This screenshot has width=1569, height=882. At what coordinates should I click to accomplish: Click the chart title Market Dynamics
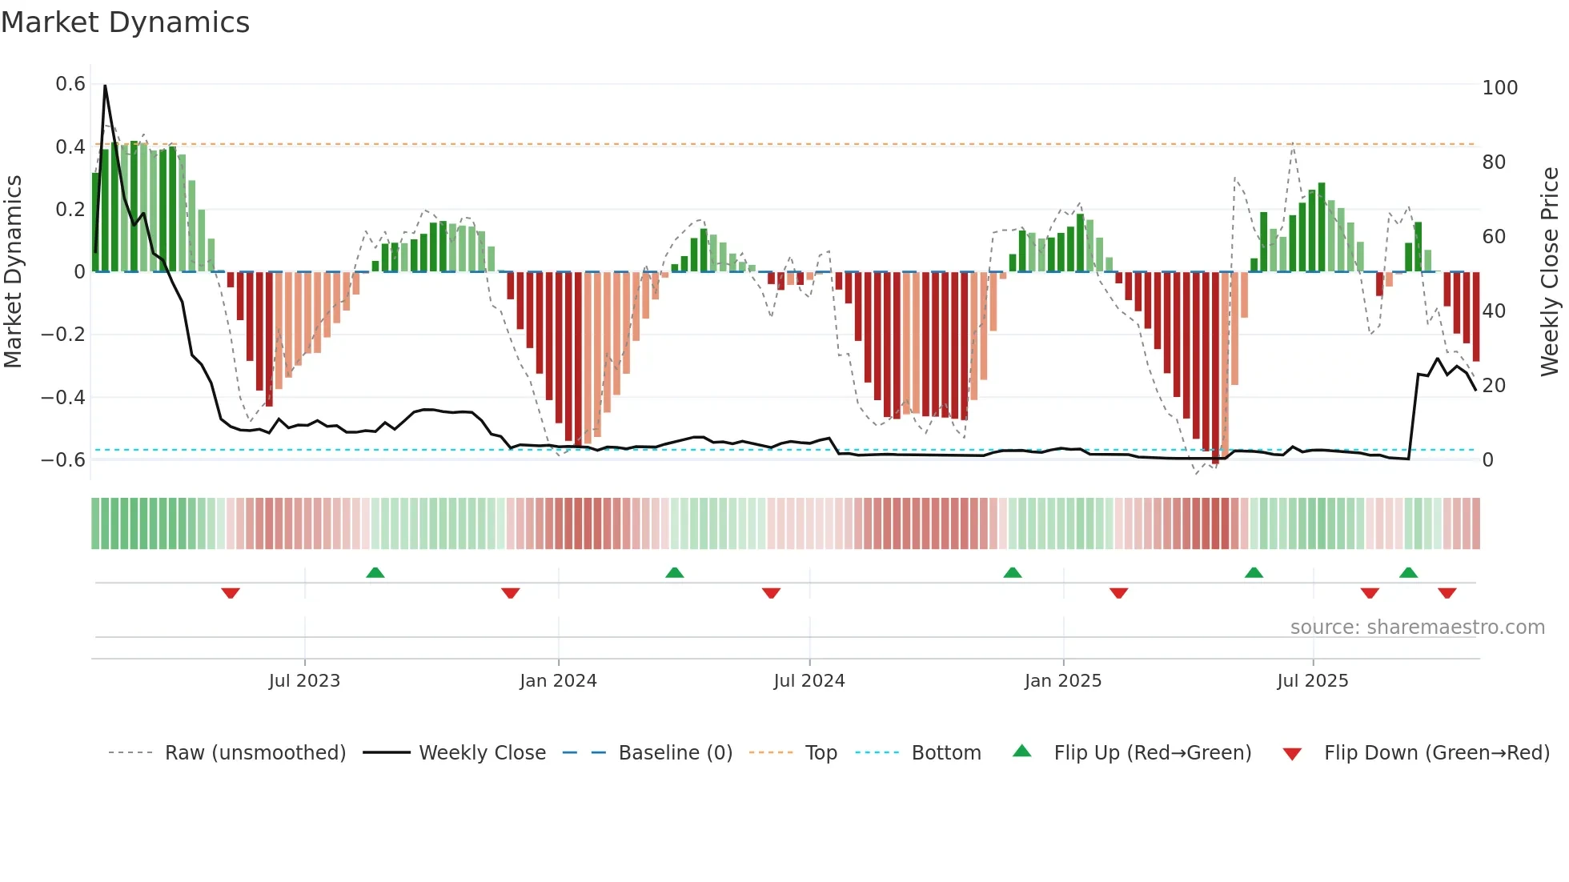[x=126, y=22]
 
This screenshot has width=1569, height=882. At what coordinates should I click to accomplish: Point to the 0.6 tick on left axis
[x=70, y=84]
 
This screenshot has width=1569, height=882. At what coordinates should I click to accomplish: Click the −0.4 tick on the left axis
[x=63, y=397]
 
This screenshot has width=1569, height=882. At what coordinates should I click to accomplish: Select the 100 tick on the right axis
[x=1499, y=87]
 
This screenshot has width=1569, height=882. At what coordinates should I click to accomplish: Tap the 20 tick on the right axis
[x=1494, y=385]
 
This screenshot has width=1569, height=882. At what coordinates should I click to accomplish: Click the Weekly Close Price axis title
[x=1550, y=271]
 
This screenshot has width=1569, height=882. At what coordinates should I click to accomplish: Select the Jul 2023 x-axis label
[x=304, y=680]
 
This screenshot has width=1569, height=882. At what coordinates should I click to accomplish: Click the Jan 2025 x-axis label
[x=1063, y=680]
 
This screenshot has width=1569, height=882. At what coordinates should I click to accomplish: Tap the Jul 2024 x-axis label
[x=809, y=680]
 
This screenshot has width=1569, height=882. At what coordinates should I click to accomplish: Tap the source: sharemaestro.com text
[x=1417, y=627]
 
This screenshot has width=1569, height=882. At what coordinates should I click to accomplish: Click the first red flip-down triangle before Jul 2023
[x=231, y=593]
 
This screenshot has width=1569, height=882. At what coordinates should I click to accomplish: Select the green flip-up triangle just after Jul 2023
[x=375, y=572]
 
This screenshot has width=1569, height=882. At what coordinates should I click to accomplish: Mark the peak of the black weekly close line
[x=105, y=86]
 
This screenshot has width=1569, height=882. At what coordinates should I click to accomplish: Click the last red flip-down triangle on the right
[x=1447, y=593]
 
